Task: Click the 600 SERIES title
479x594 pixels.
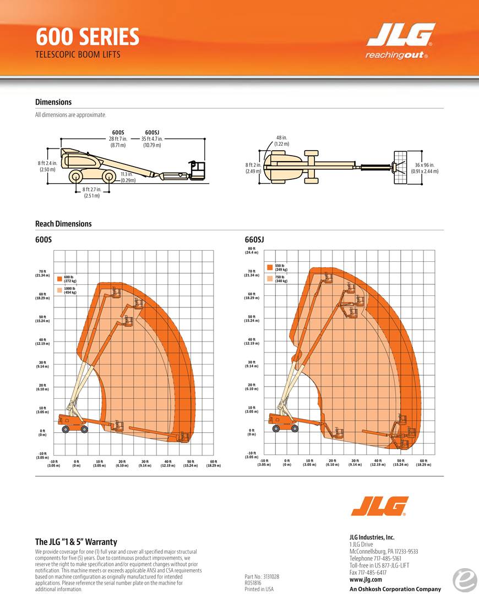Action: (x=87, y=37)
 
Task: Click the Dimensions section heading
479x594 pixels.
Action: (x=53, y=102)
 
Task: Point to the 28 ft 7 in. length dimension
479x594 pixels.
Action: (x=118, y=139)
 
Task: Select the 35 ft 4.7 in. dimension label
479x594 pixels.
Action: (x=152, y=139)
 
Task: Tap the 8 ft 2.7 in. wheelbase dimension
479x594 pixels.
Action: (x=92, y=193)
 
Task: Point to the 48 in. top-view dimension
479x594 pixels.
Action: (x=281, y=140)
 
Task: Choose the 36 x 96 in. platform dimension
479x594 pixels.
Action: (x=424, y=168)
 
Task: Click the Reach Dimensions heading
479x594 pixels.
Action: (x=63, y=224)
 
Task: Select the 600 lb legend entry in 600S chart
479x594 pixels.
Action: (x=69, y=279)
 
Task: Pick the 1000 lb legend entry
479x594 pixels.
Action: (x=69, y=290)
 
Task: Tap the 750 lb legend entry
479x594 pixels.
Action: (x=280, y=279)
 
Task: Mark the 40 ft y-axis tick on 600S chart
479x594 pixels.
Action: (x=42, y=342)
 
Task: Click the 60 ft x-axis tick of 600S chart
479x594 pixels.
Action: (x=213, y=463)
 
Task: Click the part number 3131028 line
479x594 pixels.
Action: (x=262, y=576)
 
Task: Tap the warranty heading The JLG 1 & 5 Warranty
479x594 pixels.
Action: (x=76, y=542)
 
